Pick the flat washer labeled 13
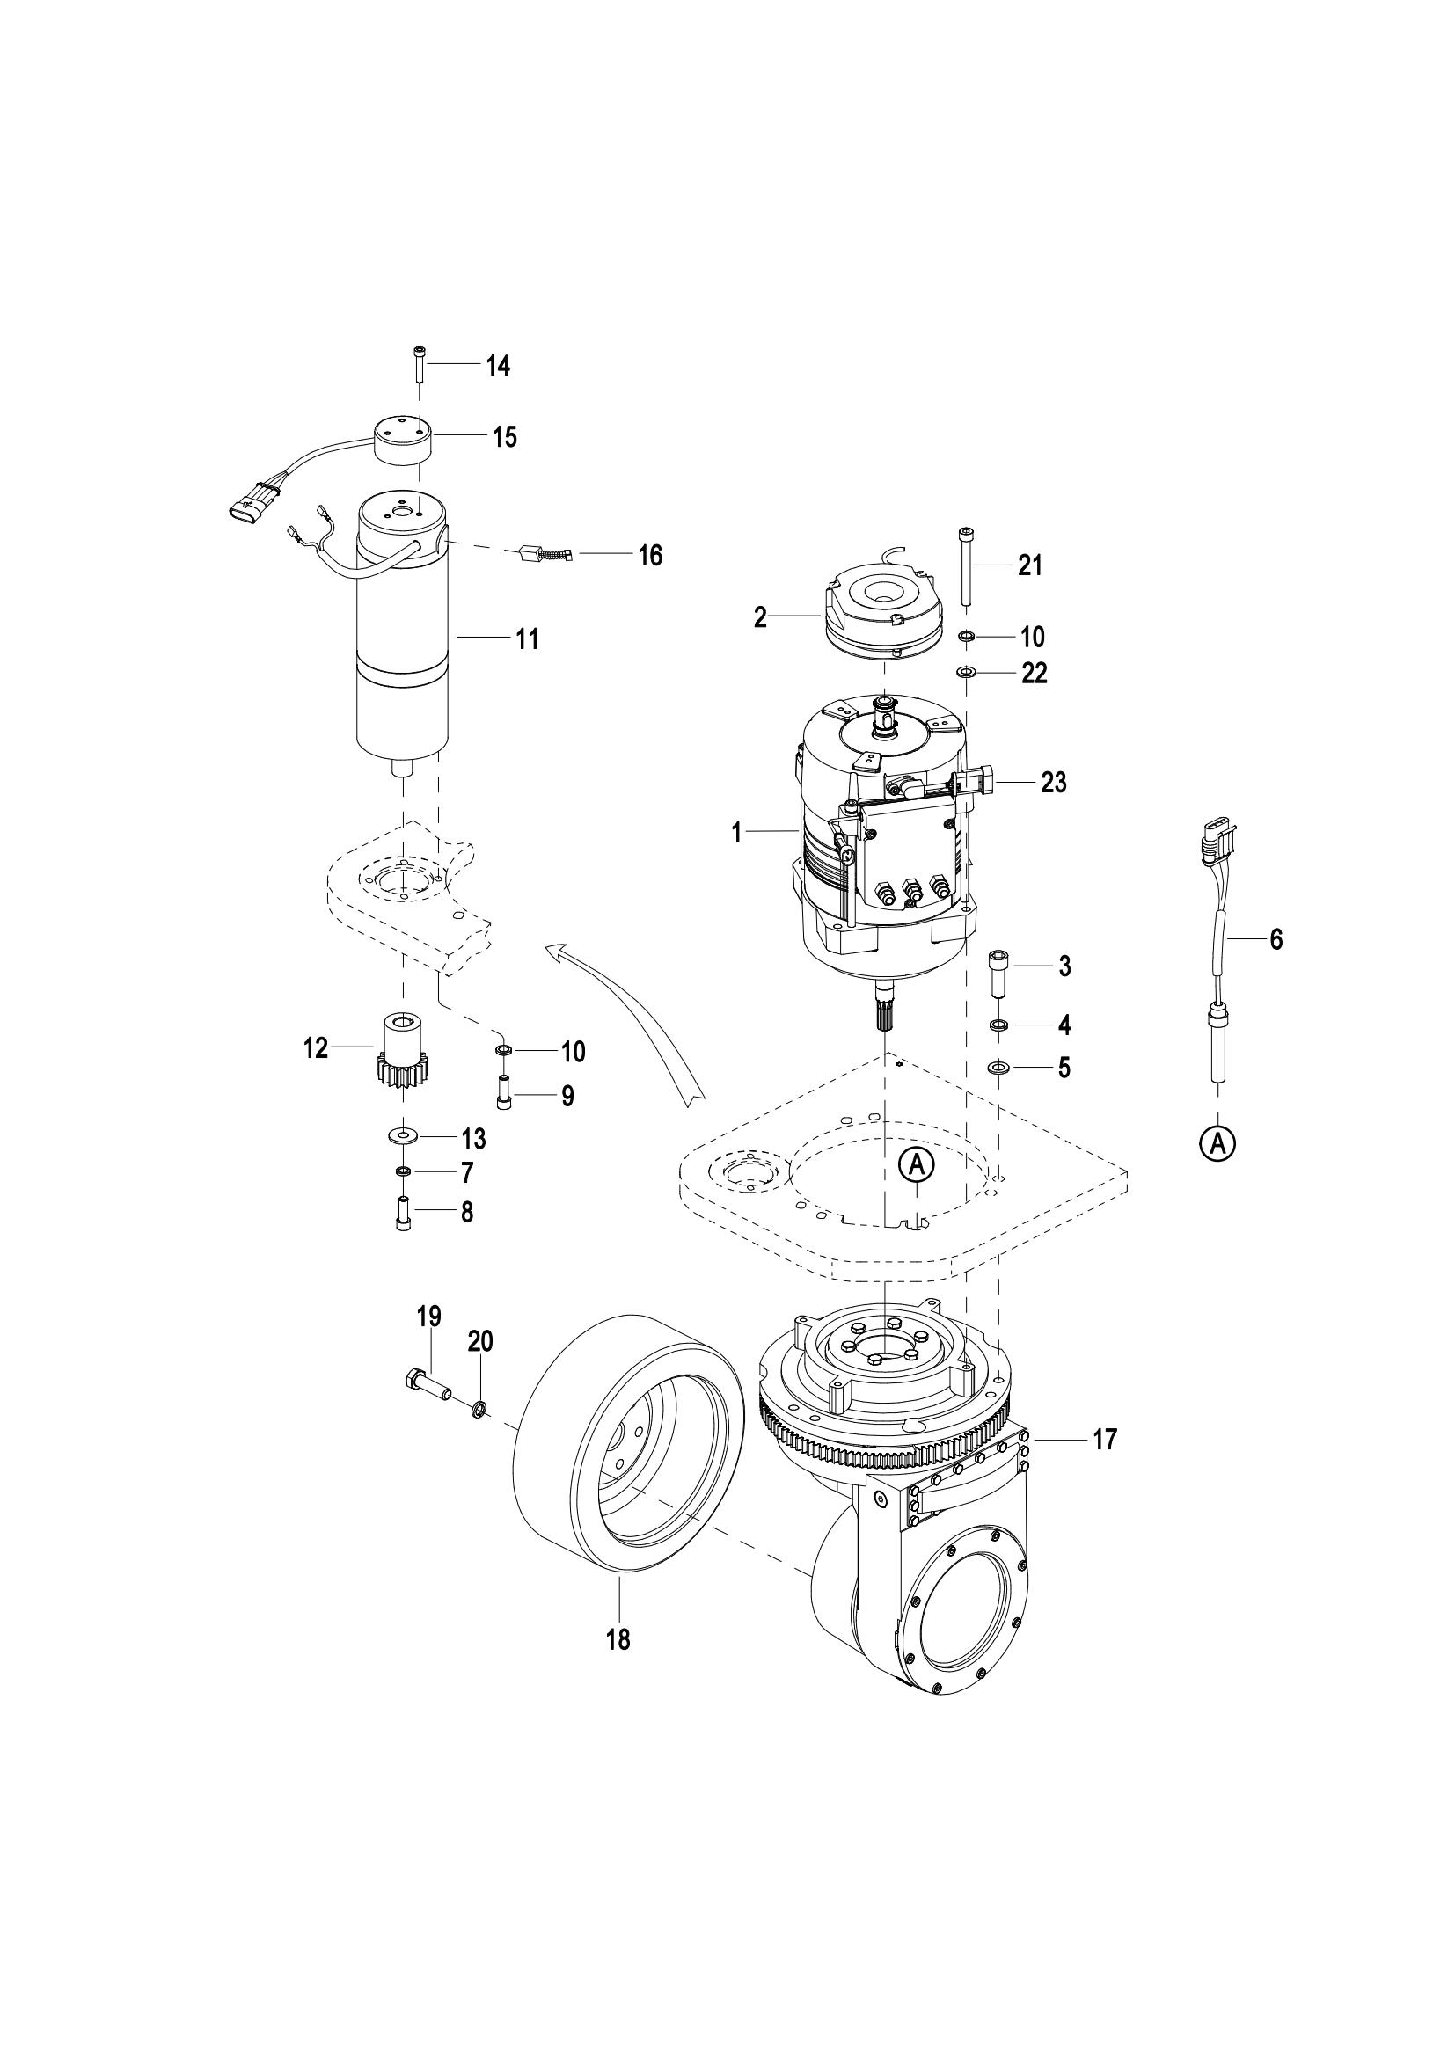click(403, 1137)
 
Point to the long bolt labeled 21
click(964, 565)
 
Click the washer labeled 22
click(966, 672)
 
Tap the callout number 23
click(1054, 782)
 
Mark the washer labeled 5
click(998, 1067)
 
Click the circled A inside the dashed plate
click(917, 1163)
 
